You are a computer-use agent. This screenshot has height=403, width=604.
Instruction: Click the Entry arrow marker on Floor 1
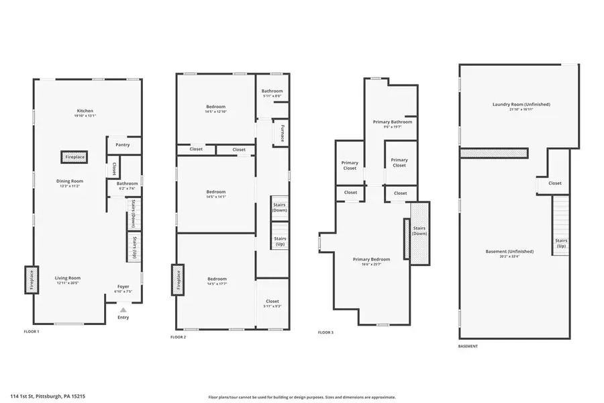pyautogui.click(x=123, y=310)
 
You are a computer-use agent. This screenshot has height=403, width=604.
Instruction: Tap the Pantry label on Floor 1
pyautogui.click(x=122, y=144)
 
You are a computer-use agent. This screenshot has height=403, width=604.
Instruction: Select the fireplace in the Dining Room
pyautogui.click(x=74, y=156)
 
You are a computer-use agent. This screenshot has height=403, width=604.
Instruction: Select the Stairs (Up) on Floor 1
pyautogui.click(x=134, y=247)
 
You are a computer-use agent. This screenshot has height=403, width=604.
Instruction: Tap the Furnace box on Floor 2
pyautogui.click(x=282, y=132)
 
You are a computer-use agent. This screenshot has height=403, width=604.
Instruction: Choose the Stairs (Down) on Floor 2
pyautogui.click(x=280, y=207)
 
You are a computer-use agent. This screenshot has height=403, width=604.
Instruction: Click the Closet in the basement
pyautogui.click(x=554, y=183)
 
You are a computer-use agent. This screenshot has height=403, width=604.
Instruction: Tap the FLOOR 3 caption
pyautogui.click(x=325, y=332)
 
